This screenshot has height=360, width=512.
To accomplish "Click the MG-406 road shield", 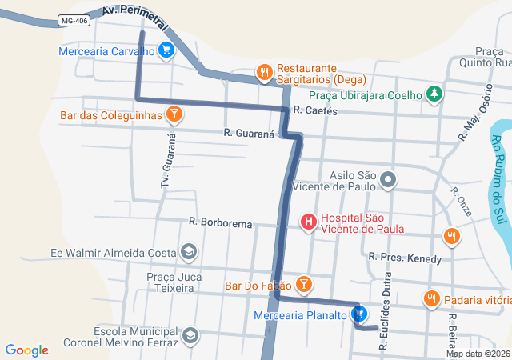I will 74,22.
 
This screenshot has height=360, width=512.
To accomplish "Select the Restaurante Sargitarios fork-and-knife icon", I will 265,74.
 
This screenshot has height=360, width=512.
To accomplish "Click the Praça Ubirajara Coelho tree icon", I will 434,94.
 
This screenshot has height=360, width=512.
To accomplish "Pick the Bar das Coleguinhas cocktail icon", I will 174,115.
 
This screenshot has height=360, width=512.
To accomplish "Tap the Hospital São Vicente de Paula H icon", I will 308,222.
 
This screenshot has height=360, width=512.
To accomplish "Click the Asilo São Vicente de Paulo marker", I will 388,179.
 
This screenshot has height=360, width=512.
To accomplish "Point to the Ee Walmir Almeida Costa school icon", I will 188,253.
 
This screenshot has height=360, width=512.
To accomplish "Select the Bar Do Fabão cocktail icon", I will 303,284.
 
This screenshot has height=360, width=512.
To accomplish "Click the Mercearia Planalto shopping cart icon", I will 359,314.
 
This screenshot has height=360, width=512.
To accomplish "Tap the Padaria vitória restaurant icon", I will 432,299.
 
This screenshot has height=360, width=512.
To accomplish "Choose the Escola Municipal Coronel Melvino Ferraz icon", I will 190,334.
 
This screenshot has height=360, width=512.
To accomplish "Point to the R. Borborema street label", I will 220,222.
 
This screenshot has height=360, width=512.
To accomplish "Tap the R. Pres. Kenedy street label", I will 404,258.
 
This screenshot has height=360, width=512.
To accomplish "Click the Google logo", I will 26,350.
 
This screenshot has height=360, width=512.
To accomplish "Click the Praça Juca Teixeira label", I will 155,282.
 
